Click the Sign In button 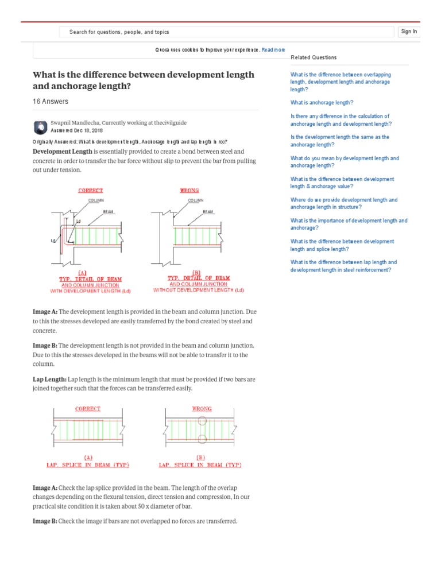pos(409,32)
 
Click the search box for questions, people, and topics pos(227,32)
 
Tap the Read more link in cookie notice pos(273,50)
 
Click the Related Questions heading pos(314,57)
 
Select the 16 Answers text pos(51,102)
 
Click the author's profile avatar pos(41,126)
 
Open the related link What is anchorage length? pos(322,103)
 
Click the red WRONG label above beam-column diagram pos(189,190)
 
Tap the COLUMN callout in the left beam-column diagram pos(95,200)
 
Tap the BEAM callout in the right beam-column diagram pos(208,212)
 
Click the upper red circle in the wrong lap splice pos(202,420)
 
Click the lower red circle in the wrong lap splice pos(202,440)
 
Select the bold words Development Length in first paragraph pos(63,152)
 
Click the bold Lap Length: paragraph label pos(50,380)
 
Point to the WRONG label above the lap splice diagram pos(201,409)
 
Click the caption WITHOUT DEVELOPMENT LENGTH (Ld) pos(198,290)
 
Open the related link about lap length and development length pos(343,266)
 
